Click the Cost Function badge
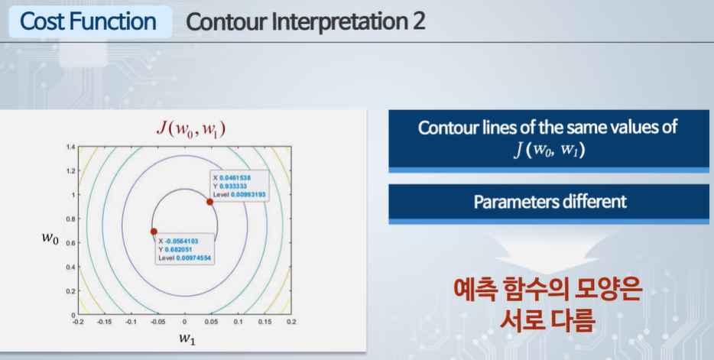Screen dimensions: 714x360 point(90,21)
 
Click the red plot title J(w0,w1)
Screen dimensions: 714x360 point(191,129)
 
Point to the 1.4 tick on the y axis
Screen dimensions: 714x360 point(70,147)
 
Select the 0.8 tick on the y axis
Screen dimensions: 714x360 point(70,219)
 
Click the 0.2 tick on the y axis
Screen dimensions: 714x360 point(70,290)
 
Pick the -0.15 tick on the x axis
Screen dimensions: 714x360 point(105,322)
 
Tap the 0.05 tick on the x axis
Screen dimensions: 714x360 point(211,322)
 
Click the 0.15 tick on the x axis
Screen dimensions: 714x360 point(265,322)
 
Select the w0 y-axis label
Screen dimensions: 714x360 point(50,238)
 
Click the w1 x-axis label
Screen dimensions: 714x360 point(187,338)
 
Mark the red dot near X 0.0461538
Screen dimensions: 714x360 point(210,202)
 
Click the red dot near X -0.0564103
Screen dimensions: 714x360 point(154,232)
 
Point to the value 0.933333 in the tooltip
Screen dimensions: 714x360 point(233,186)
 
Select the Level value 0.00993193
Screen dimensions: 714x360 point(248,194)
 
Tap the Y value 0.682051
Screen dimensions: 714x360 point(179,249)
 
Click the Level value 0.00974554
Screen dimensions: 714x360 point(193,258)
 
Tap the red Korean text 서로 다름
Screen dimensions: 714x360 point(547,320)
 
